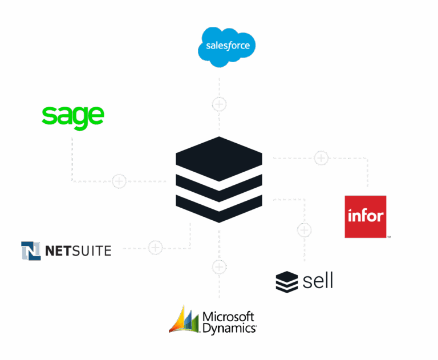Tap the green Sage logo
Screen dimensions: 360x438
coord(73,115)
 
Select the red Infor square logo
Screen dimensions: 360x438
coord(366,216)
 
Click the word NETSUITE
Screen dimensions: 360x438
coord(78,250)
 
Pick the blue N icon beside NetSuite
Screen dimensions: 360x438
coord(31,250)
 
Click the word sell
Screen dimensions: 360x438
coord(318,281)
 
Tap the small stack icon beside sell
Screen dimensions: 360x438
coord(287,282)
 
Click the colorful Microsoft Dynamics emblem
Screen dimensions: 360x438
coord(184,319)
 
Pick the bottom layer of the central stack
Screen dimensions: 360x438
coord(219,207)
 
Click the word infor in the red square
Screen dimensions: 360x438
coord(366,216)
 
